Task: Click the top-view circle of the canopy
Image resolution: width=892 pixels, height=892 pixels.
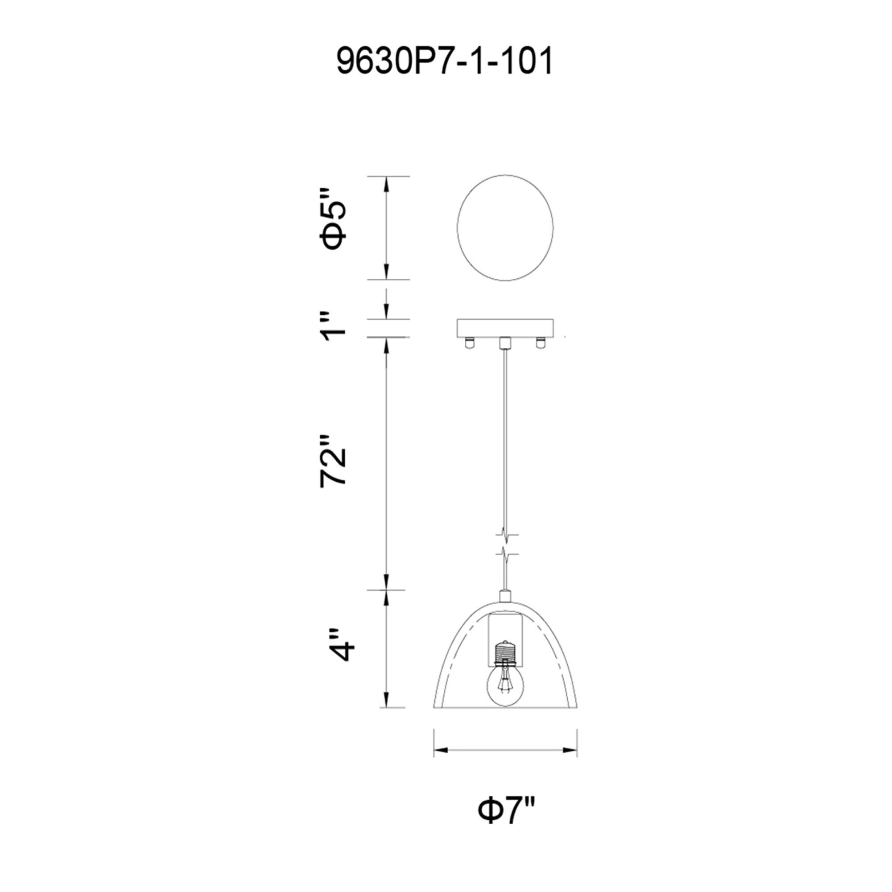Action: tap(505, 227)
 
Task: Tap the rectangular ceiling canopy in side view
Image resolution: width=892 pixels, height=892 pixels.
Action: tap(505, 327)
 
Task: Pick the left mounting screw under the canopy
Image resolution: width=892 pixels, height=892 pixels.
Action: tap(469, 343)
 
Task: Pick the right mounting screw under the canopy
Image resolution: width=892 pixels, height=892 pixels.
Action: tap(539, 343)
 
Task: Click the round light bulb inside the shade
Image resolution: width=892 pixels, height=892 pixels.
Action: tap(506, 699)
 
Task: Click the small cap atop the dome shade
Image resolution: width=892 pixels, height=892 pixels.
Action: tap(506, 596)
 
